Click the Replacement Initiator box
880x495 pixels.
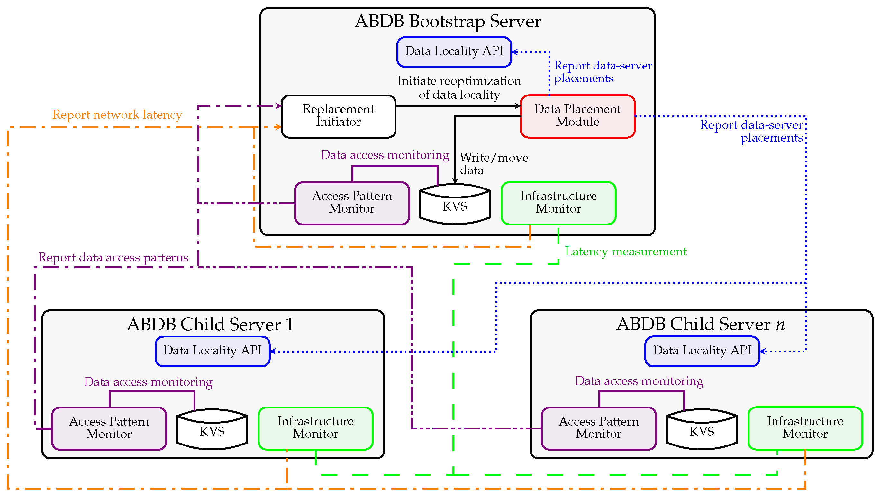click(338, 116)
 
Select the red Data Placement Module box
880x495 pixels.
click(578, 116)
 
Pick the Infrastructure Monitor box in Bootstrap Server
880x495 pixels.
click(558, 203)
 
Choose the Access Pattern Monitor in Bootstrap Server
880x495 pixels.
click(352, 203)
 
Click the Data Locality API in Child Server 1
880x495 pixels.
click(213, 351)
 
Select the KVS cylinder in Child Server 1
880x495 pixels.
click(212, 429)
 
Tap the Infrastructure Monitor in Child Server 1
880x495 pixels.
click(315, 428)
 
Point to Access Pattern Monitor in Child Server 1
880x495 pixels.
click(109, 428)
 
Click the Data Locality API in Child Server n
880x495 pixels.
click(702, 351)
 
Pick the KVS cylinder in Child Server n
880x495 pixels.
click(702, 429)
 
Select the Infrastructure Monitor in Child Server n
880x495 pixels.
click(805, 428)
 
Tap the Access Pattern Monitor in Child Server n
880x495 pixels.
click(599, 428)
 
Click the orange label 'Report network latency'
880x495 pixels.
click(117, 115)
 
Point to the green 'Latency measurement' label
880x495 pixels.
click(625, 252)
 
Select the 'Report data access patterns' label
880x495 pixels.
click(113, 257)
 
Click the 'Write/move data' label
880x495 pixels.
click(494, 164)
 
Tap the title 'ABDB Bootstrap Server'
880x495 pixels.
click(448, 21)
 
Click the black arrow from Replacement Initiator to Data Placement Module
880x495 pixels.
click(458, 106)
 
